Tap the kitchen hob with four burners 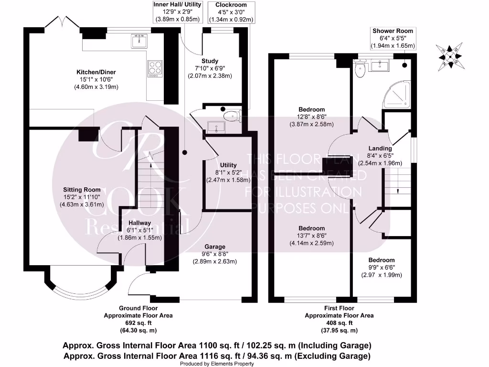point(155,68)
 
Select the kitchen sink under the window point(138,41)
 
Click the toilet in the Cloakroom point(233,115)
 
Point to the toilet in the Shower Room point(360,70)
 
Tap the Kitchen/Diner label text point(96,72)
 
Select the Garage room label point(216,247)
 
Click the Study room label point(210,61)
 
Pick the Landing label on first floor point(380,148)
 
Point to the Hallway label point(139,223)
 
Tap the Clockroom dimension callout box point(231,12)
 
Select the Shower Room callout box point(393,38)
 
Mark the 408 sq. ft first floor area point(339,323)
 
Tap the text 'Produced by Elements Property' point(217,364)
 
